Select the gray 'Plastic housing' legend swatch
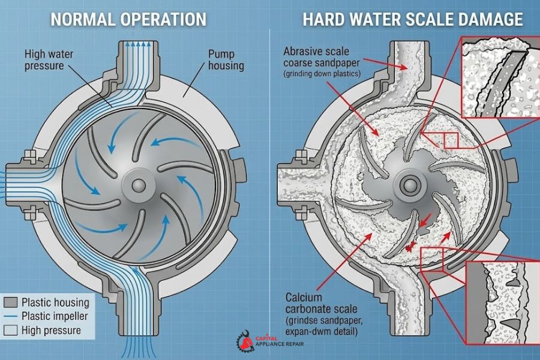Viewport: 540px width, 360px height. (x=11, y=302)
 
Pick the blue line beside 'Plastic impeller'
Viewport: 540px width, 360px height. (x=11, y=316)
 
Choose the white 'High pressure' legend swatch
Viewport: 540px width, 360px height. (x=11, y=330)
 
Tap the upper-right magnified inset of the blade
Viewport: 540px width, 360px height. (x=500, y=77)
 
